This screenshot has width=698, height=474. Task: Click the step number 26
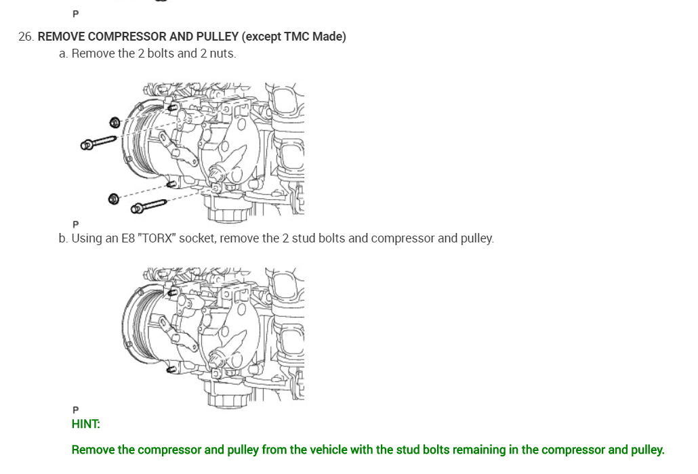click(x=26, y=37)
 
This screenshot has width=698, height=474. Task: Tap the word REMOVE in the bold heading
click(x=61, y=37)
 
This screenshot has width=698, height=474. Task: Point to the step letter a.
click(x=62, y=53)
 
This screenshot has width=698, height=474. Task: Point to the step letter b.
click(x=62, y=238)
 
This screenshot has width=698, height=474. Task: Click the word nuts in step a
click(x=222, y=53)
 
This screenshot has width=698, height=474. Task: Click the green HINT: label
click(x=85, y=424)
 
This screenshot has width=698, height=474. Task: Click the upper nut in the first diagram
click(x=115, y=123)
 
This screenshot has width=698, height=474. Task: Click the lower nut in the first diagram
click(x=114, y=199)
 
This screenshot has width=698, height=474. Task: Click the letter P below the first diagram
click(x=75, y=224)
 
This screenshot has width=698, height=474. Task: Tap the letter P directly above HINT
click(x=75, y=410)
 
